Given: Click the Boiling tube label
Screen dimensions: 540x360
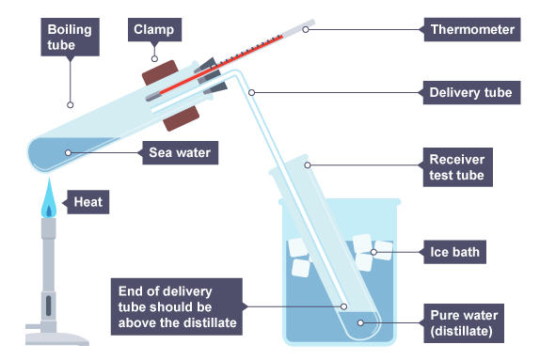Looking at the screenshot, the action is click(71, 38).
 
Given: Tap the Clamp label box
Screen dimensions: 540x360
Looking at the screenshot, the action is click(154, 29).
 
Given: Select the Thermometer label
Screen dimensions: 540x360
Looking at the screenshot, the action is click(472, 29).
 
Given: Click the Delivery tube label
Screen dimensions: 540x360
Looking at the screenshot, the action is click(471, 92).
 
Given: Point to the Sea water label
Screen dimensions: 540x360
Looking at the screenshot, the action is click(180, 152).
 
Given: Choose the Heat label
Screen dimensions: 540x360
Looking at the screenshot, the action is click(88, 202).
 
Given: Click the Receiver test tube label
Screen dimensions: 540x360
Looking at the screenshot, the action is click(458, 167).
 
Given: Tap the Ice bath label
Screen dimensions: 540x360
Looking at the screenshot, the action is click(454, 252).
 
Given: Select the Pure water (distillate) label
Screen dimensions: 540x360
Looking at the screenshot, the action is click(464, 323).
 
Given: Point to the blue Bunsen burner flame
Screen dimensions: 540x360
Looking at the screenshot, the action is click(49, 198).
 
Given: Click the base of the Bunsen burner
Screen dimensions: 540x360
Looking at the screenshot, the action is click(57, 338).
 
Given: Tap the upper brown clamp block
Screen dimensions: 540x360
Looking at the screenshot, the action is click(161, 72).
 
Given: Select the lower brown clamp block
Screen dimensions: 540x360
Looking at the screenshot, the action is click(182, 118).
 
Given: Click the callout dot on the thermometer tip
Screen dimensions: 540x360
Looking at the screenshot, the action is click(306, 29).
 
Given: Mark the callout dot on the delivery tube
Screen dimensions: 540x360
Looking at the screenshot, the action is click(252, 92).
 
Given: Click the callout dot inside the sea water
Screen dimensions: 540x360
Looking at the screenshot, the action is click(68, 152).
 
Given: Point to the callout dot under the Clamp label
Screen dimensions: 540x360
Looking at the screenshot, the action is click(154, 58).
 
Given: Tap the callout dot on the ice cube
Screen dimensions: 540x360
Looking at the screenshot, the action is click(373, 252).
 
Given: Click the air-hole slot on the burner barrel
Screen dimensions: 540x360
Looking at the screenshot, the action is click(49, 306).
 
